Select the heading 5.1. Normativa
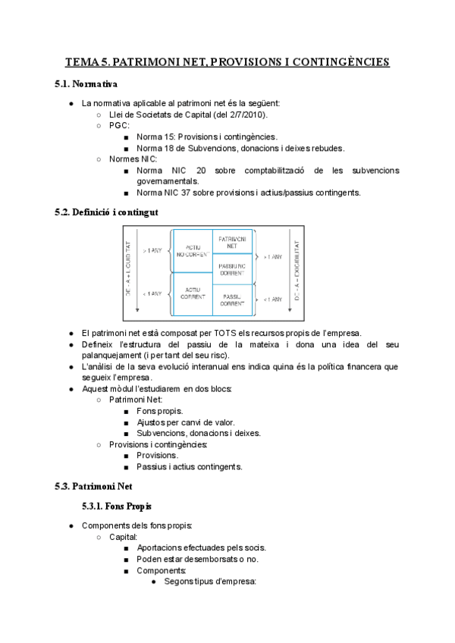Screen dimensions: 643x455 (x=86, y=83)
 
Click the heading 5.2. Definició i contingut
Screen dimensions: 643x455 (x=107, y=213)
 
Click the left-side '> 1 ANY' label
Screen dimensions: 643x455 (x=152, y=249)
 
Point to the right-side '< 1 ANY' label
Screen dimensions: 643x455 (x=273, y=300)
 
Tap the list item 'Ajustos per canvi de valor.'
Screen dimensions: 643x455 (x=186, y=422)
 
